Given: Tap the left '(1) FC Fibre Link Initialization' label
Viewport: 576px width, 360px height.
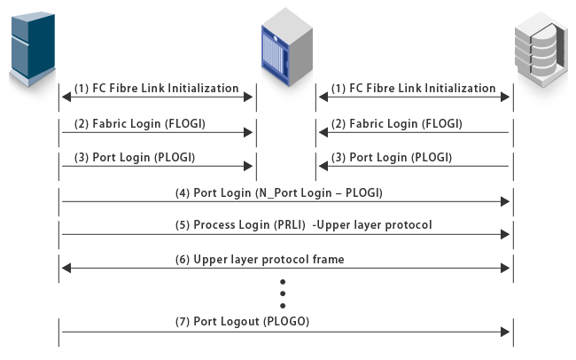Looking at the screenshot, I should [156, 89].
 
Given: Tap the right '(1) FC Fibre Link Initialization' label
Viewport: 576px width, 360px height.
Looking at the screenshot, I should [413, 89].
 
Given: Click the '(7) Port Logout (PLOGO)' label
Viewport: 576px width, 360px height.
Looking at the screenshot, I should [241, 321].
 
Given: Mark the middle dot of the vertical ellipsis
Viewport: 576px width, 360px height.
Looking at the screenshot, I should [283, 292].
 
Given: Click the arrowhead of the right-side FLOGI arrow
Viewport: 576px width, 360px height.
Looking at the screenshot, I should [323, 133].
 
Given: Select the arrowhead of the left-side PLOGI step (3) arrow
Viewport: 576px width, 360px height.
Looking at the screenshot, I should [251, 167].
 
